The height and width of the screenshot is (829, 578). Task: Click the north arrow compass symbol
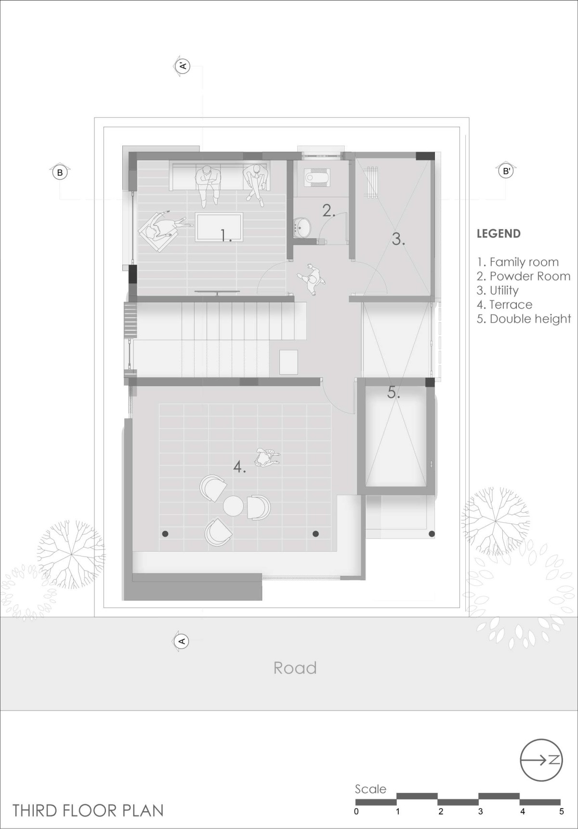point(541,774)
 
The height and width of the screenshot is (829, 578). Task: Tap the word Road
point(295,668)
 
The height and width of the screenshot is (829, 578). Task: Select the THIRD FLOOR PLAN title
point(88,810)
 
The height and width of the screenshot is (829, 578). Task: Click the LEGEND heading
point(499,234)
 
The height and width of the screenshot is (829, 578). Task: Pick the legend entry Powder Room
point(524,276)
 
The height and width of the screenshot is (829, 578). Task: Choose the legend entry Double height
point(524,319)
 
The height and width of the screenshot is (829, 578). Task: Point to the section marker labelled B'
point(506,170)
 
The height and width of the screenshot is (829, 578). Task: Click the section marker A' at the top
point(183,66)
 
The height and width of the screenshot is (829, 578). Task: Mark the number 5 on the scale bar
point(561,812)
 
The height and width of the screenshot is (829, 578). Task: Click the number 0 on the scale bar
point(356,812)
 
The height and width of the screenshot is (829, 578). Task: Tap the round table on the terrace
point(233,506)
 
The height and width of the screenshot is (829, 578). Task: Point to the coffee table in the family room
point(219,227)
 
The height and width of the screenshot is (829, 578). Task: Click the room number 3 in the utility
point(398,239)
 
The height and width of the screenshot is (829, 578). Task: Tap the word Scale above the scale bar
point(370,789)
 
